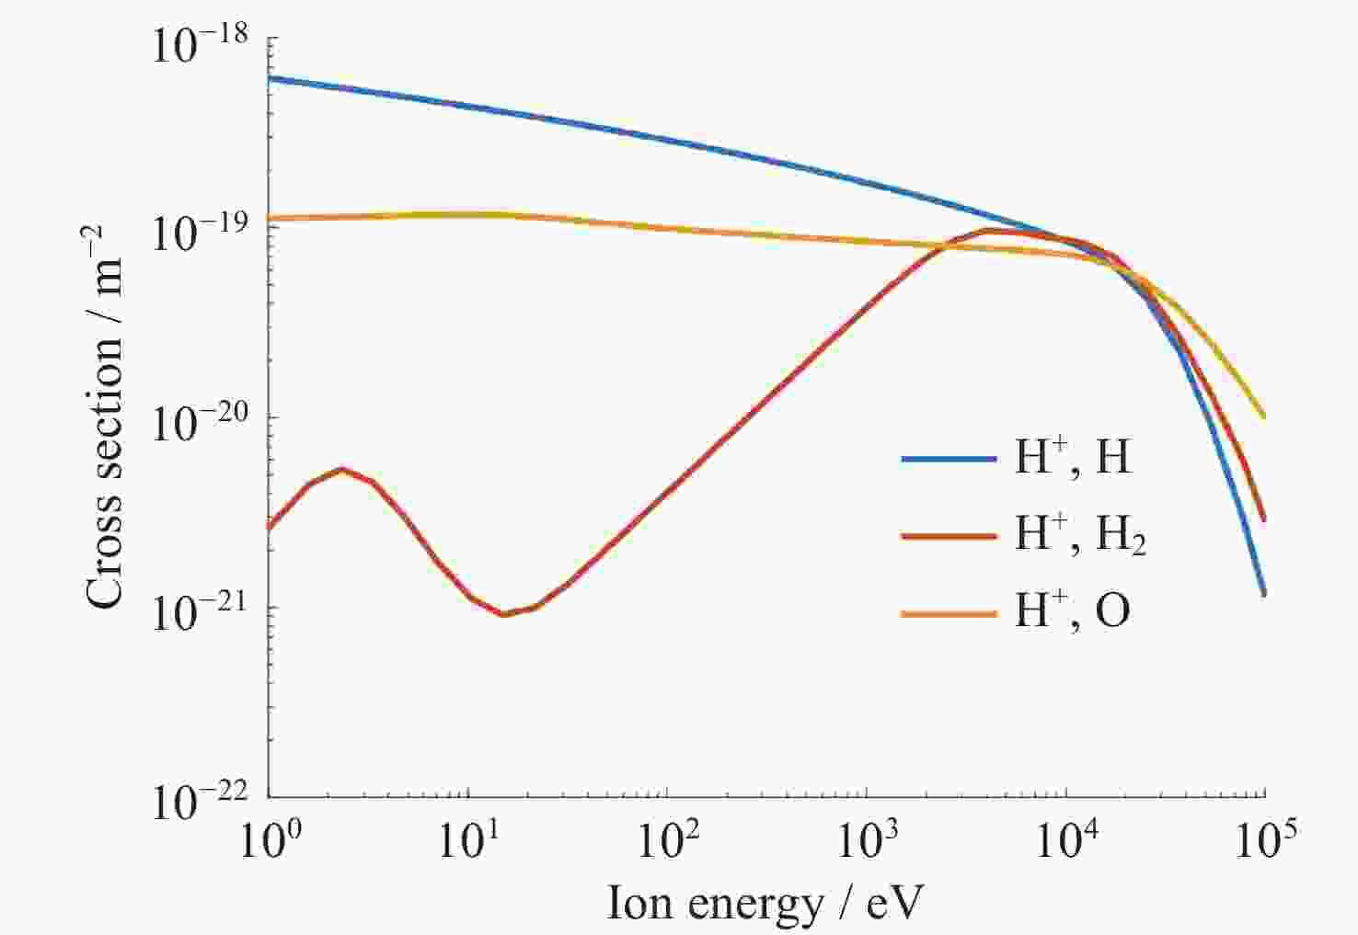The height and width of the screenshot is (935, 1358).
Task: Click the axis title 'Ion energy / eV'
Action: (x=764, y=903)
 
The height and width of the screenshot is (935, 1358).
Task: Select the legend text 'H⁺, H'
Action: (x=1073, y=456)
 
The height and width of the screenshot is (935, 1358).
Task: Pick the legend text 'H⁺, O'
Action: (x=1072, y=610)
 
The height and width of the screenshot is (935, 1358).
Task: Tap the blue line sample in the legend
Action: (x=949, y=459)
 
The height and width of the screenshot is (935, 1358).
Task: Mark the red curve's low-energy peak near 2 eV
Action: (x=341, y=469)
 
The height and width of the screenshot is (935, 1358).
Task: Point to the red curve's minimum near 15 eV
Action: (x=503, y=614)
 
